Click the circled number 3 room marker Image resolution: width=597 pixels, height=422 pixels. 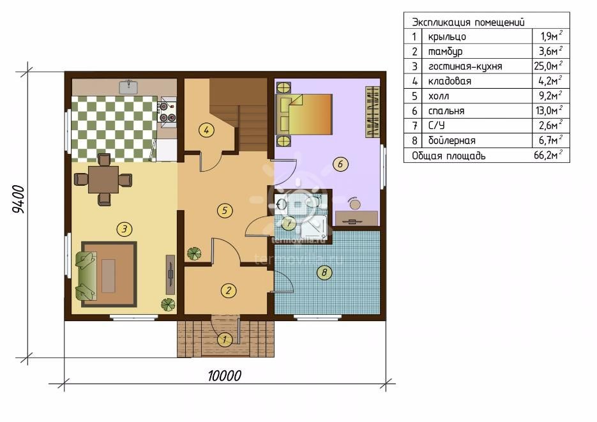(x=125, y=229)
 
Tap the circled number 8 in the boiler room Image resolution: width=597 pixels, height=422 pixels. (x=324, y=273)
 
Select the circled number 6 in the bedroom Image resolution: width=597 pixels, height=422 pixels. (x=340, y=164)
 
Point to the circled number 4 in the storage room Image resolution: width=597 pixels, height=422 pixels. (x=206, y=130)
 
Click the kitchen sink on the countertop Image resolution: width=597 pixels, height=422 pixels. (x=129, y=87)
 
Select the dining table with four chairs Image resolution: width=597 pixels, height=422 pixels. (x=103, y=179)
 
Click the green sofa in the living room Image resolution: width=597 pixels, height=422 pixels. (x=86, y=274)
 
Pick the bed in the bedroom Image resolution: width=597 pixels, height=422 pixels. (x=303, y=114)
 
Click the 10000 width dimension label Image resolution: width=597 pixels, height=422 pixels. (x=225, y=376)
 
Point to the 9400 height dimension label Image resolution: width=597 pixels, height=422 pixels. (x=19, y=199)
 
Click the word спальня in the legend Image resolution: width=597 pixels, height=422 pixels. (x=446, y=111)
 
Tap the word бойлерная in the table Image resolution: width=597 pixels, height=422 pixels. (x=452, y=141)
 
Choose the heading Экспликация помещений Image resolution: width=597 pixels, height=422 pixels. (x=468, y=22)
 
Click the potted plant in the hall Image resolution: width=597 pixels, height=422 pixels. (x=194, y=254)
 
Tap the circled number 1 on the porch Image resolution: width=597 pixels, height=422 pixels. (x=225, y=340)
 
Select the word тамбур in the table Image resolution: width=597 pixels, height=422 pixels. (x=446, y=51)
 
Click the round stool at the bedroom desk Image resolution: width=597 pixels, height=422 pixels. (x=355, y=205)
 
